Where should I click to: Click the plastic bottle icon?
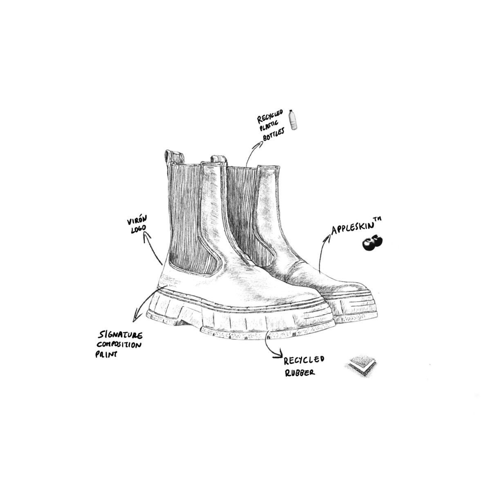pyautogui.click(x=294, y=120)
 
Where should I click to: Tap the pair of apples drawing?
pyautogui.click(x=372, y=242)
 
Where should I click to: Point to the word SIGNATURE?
pyautogui.click(x=120, y=335)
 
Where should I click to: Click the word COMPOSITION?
pyautogui.click(x=119, y=345)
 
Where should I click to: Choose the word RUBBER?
pyautogui.click(x=300, y=372)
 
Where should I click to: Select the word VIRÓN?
pyautogui.click(x=137, y=220)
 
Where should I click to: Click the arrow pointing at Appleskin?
pyautogui.click(x=321, y=252)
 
